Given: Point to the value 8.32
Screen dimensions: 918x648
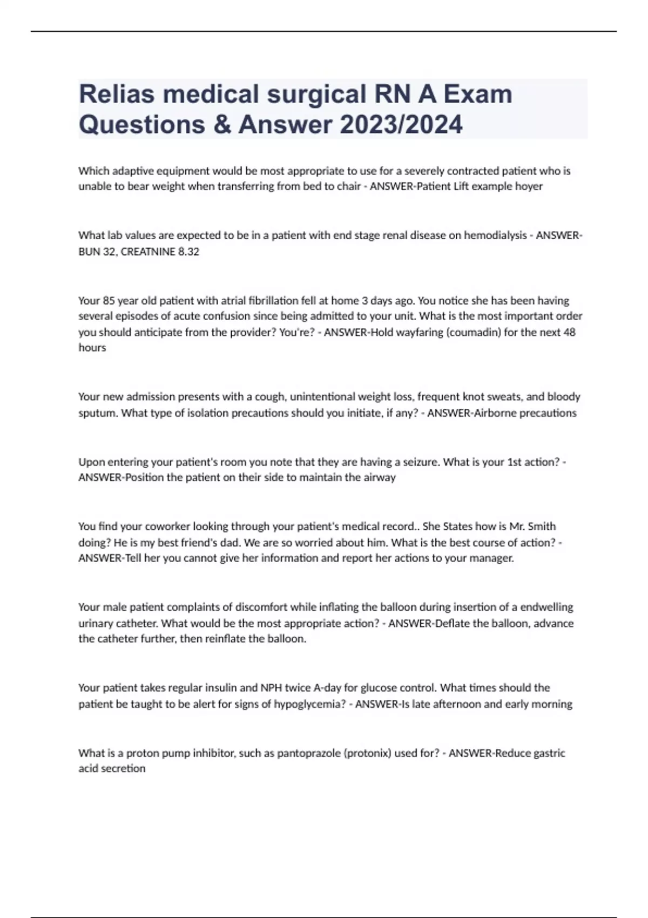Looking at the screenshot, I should point(188,252).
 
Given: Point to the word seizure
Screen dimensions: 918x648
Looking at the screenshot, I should point(418,462).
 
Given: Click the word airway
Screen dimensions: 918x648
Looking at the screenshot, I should point(380,478).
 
